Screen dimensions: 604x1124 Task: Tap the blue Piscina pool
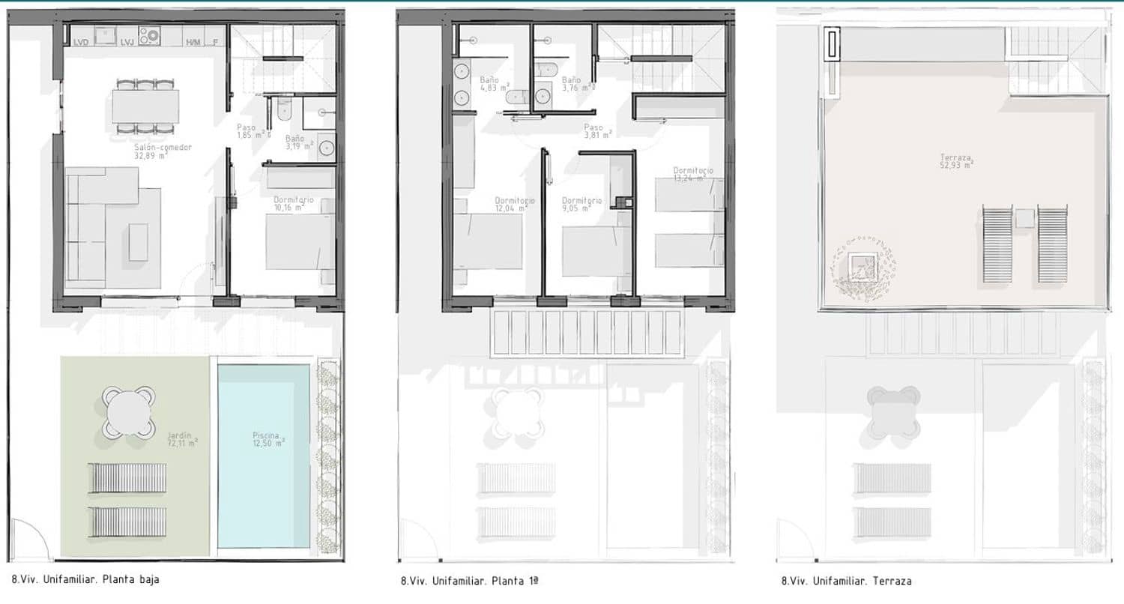click(x=265, y=456)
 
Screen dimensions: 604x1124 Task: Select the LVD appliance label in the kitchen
click(x=81, y=43)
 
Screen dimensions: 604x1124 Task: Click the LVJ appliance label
click(x=127, y=43)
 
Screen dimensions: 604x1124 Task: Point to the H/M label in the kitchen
click(x=193, y=43)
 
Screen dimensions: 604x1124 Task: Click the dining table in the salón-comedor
click(x=146, y=106)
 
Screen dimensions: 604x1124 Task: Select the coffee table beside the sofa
click(x=139, y=242)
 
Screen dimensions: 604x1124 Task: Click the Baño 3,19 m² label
click(x=295, y=143)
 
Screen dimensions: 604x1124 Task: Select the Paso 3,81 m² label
click(x=598, y=132)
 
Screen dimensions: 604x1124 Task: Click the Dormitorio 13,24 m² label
click(x=693, y=175)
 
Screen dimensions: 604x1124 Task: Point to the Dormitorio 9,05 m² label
click(x=582, y=205)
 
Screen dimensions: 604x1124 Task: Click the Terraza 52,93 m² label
click(x=957, y=161)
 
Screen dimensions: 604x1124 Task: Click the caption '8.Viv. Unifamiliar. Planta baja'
click(x=85, y=579)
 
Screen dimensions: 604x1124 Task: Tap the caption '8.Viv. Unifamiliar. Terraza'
click(x=846, y=581)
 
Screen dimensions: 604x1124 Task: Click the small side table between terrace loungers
click(x=1024, y=218)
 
